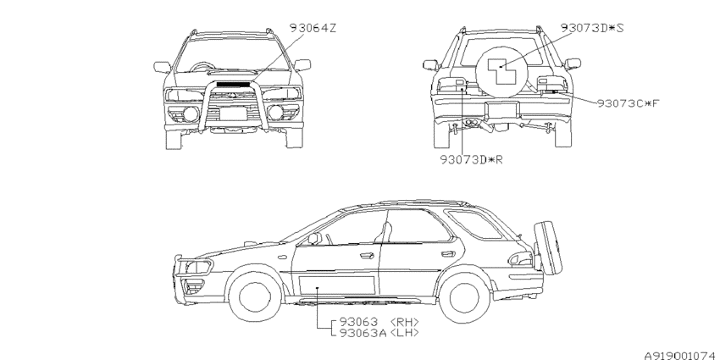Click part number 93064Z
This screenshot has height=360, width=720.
(313, 28)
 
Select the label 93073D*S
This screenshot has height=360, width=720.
(592, 28)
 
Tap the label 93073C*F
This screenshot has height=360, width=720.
(628, 103)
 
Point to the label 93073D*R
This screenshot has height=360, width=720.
(472, 160)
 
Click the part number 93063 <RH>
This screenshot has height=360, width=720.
(379, 322)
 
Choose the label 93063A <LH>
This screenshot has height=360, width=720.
(379, 332)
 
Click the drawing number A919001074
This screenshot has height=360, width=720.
(681, 356)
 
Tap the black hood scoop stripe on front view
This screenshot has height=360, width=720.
(233, 85)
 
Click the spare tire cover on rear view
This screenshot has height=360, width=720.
(501, 72)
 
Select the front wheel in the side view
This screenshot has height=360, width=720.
(255, 296)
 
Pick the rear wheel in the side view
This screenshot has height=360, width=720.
(464, 297)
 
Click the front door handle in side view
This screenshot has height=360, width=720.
(367, 256)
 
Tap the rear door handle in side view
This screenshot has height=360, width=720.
(448, 254)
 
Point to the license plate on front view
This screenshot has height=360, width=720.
(233, 113)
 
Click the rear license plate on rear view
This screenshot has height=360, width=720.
(501, 108)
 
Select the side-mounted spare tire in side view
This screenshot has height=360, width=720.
(548, 247)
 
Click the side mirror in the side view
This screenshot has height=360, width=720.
(314, 238)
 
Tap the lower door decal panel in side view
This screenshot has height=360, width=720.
(337, 285)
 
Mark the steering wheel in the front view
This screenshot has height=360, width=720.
(200, 67)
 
